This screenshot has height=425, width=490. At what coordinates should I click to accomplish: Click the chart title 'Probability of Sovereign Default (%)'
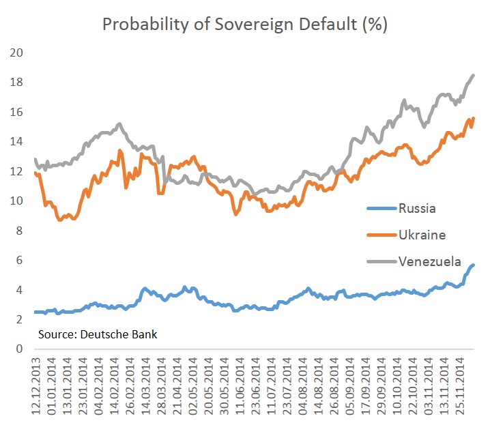point(244,25)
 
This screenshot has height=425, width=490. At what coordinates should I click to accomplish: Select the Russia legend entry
point(417,208)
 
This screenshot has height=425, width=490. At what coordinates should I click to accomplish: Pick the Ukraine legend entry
point(422,235)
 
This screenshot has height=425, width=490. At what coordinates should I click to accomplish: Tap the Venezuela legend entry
point(430,261)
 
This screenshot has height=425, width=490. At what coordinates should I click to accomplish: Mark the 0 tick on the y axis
point(19,349)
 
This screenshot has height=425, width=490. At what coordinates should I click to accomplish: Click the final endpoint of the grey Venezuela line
point(474,75)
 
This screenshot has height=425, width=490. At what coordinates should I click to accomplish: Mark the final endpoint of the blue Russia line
point(474,265)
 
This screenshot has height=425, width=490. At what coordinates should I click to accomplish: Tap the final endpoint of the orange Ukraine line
point(474,119)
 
